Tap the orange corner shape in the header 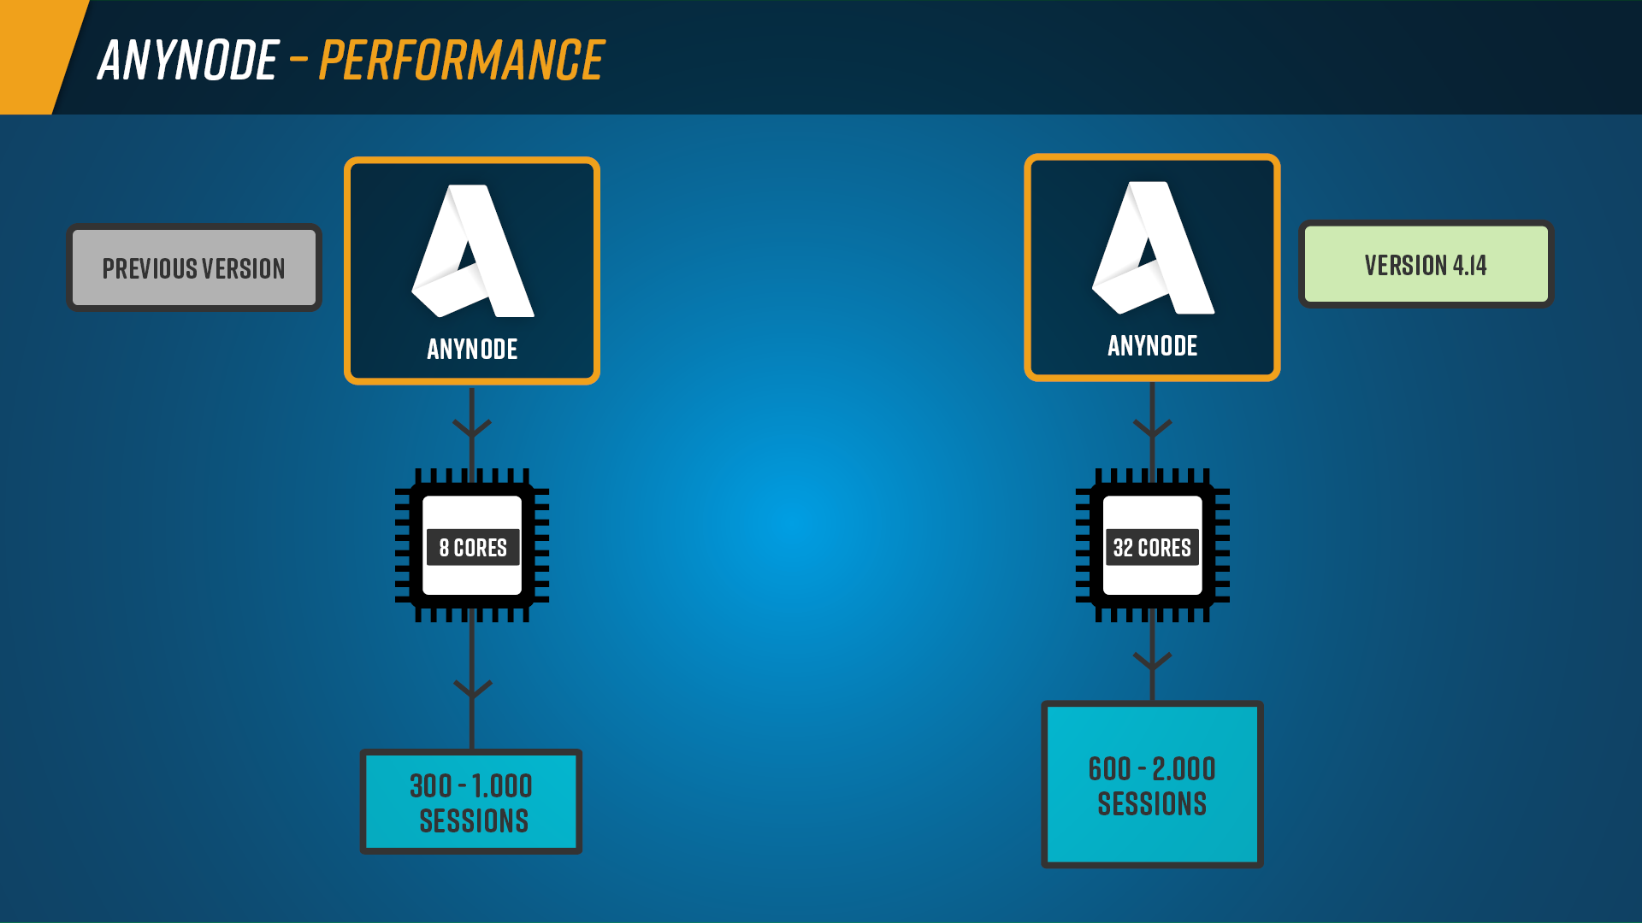click(x=34, y=51)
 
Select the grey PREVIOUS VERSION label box click(x=194, y=268)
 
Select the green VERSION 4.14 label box click(x=1426, y=265)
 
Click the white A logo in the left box click(x=473, y=252)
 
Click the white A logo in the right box click(x=1153, y=249)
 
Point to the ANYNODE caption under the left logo click(x=472, y=349)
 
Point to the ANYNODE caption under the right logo click(x=1152, y=345)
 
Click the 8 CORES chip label click(x=472, y=547)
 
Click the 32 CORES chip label click(x=1152, y=547)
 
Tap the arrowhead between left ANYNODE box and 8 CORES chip click(x=472, y=428)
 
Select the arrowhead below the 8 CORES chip click(x=472, y=689)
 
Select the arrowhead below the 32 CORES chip click(x=1152, y=661)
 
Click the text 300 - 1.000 click(x=471, y=785)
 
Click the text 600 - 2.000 click(x=1152, y=768)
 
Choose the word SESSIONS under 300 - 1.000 click(x=473, y=820)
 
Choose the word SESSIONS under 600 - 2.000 click(x=1152, y=803)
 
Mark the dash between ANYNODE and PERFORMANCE click(x=298, y=59)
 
